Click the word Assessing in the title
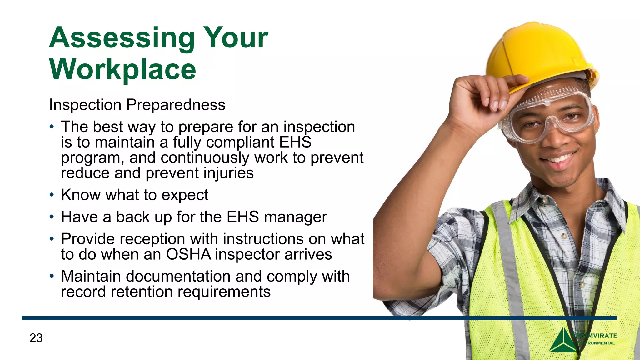coord(122,38)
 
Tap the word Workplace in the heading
coord(122,69)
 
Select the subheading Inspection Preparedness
coord(137,105)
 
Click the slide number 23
coord(36,338)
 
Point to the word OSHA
coord(188,254)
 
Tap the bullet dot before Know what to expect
coord(52,195)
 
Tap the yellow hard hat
coord(537,53)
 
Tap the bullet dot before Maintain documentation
coord(52,276)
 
